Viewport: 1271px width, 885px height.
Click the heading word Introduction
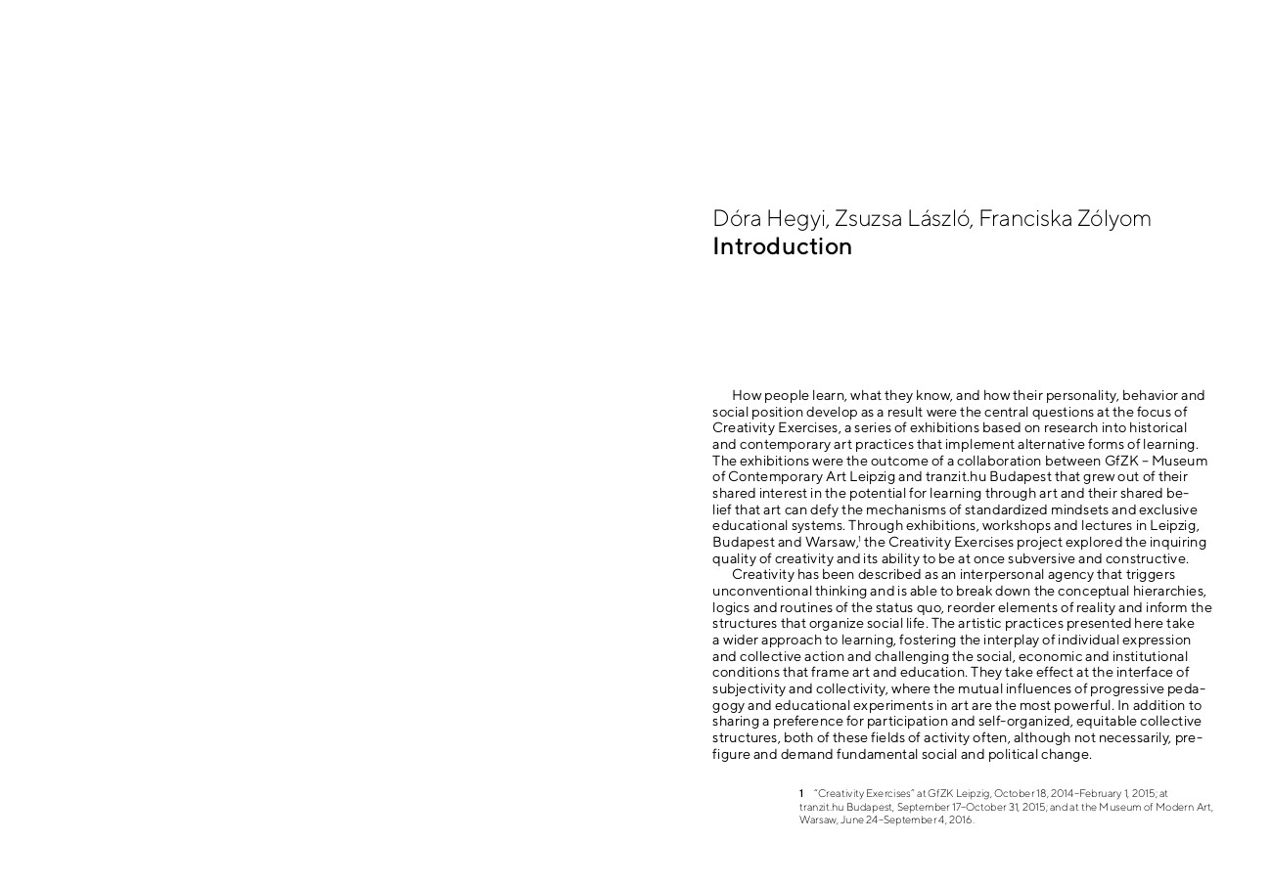[x=782, y=246]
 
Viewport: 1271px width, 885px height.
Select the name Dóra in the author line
[x=737, y=218]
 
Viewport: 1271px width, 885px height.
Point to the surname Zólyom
[x=1114, y=218]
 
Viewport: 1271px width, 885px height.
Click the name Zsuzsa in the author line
[x=865, y=218]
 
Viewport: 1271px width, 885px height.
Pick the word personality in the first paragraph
[x=1081, y=395]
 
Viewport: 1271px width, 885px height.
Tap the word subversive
[x=1041, y=558]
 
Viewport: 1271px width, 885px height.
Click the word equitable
[x=1106, y=721]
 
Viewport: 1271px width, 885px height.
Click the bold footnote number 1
[x=801, y=793]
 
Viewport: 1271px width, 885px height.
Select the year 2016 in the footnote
[x=959, y=819]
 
